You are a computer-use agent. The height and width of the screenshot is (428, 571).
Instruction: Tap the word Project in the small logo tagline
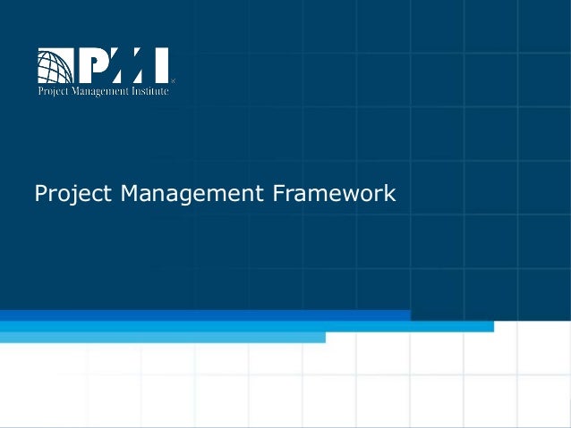[51, 91]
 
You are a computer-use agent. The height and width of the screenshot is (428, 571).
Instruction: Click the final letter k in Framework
[389, 192]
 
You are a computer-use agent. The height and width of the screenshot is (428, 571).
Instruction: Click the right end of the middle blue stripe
[491, 326]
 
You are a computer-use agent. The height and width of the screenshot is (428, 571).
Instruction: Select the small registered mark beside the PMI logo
[173, 80]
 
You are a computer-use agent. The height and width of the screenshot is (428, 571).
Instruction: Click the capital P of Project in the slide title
[39, 192]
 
